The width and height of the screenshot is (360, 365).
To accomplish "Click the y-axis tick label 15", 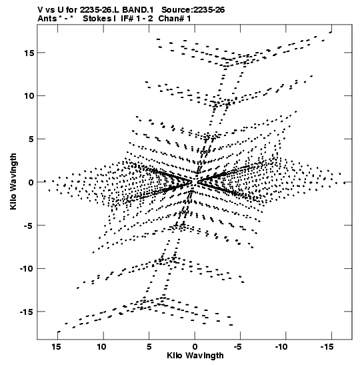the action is [29, 53].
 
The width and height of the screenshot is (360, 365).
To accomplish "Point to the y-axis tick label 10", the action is [29, 95].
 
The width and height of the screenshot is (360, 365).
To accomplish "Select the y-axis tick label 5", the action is [31, 139].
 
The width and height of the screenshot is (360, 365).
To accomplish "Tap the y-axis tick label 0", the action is [31, 182].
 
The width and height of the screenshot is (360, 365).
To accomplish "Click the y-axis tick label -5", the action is [29, 226].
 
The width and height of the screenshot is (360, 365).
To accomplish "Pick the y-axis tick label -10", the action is [27, 269].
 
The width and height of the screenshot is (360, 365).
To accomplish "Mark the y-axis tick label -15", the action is [27, 312].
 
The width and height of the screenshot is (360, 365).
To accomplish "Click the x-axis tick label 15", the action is [56, 347].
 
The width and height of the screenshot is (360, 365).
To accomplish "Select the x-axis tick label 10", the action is [101, 347].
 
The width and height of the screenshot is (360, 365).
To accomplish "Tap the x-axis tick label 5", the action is [149, 347].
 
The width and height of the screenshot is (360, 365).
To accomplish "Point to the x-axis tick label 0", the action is [195, 347].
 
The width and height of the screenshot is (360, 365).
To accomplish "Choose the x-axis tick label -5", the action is [238, 347].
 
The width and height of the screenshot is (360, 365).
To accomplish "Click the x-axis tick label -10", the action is [281, 347].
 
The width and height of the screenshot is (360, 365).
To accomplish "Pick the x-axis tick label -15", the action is [327, 347].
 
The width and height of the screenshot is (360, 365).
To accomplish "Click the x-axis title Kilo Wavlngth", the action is [195, 356].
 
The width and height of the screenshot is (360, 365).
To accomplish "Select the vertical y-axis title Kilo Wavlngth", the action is [13, 181].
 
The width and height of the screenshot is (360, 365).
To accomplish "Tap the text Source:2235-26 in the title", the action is [193, 10].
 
